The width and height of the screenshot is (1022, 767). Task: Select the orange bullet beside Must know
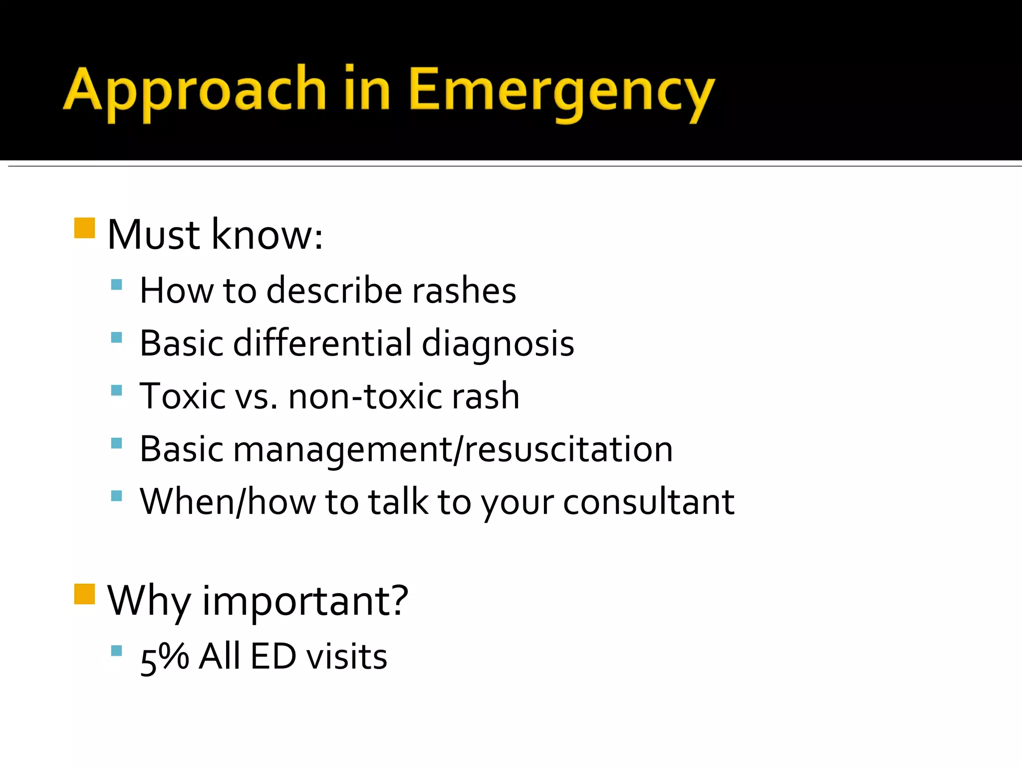coord(84,228)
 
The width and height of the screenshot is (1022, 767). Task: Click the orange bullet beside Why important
coord(84,594)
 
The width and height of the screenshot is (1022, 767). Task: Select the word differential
coord(322,344)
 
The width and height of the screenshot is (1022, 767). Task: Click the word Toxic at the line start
coord(182,396)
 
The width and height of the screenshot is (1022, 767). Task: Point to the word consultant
coord(648,502)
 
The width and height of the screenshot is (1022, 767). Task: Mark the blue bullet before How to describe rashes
coord(117,285)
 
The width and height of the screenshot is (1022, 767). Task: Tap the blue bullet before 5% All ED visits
coord(117,651)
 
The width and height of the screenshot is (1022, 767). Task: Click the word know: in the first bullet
coord(267,234)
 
